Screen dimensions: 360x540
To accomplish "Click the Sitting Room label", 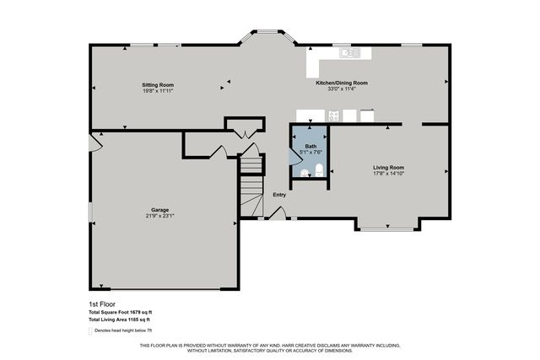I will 157,85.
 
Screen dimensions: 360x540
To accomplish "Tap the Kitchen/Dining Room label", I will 341,83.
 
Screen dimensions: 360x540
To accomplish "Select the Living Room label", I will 389,167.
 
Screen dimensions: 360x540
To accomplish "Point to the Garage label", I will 160,210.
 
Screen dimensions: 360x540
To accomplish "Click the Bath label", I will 309,146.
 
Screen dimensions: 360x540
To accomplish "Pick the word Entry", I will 279,195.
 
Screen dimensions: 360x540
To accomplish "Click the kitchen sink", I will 350,53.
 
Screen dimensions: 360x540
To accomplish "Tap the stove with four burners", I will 333,116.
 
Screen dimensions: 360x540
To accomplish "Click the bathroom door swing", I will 297,157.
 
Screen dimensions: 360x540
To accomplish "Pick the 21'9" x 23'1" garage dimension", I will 160,217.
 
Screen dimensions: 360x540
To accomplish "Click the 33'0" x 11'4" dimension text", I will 341,89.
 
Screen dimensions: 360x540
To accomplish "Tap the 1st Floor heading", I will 102,304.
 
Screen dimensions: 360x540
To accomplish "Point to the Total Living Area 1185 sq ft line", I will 119,320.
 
